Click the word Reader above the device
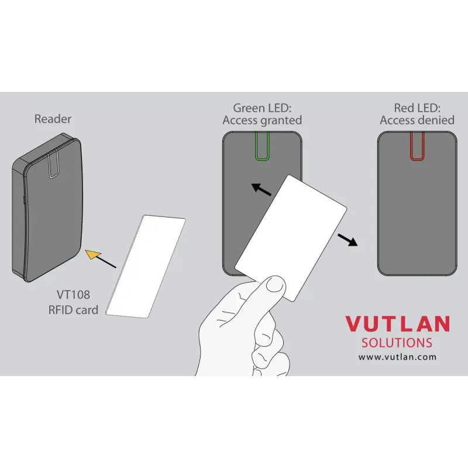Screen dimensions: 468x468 pyautogui.click(x=53, y=119)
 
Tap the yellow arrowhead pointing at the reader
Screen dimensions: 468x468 pyautogui.click(x=92, y=254)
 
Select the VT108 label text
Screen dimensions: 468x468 pyautogui.click(x=73, y=295)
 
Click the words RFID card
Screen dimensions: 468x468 pyautogui.click(x=73, y=310)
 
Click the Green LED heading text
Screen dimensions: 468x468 pyautogui.click(x=262, y=108)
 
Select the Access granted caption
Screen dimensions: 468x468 pyautogui.click(x=262, y=121)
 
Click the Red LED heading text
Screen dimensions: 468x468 pyautogui.click(x=417, y=108)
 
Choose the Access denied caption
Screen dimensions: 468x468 pyautogui.click(x=417, y=121)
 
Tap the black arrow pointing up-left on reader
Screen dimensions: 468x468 pyautogui.click(x=261, y=190)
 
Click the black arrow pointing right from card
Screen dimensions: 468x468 pyautogui.click(x=347, y=240)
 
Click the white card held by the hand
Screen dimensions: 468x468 pyautogui.click(x=291, y=238)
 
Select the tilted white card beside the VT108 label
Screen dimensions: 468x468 pyautogui.click(x=146, y=266)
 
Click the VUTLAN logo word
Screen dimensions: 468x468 pyautogui.click(x=398, y=324)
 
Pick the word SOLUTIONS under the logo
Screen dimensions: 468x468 pyautogui.click(x=397, y=343)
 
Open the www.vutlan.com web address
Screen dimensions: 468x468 pyautogui.click(x=397, y=357)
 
